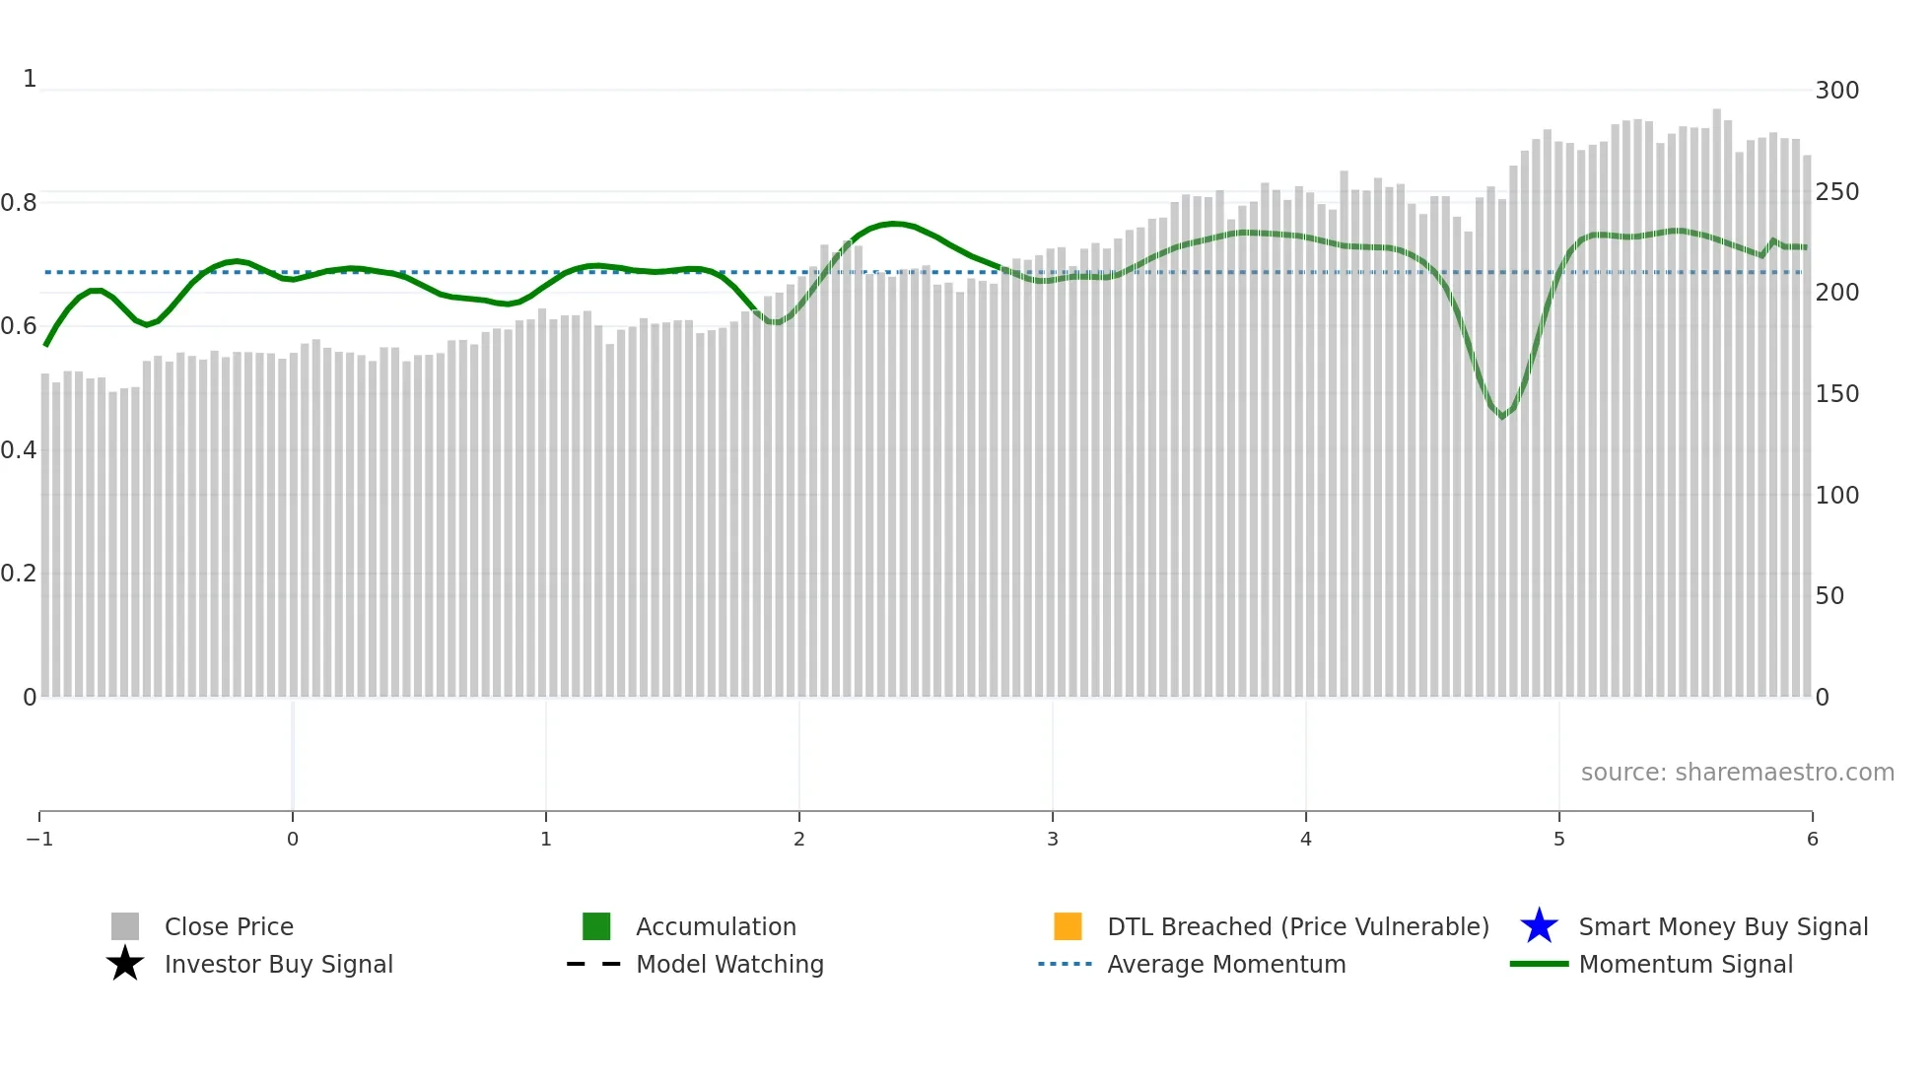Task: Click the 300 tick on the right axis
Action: (x=1836, y=91)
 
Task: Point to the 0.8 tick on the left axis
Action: (x=19, y=203)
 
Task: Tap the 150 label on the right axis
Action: (x=1836, y=394)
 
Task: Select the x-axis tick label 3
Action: (x=1053, y=840)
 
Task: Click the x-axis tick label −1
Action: (x=39, y=840)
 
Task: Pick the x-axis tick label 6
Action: (x=1812, y=840)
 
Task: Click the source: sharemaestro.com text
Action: (x=1737, y=773)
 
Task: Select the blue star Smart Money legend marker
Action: (x=1539, y=926)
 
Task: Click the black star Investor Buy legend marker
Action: (x=125, y=964)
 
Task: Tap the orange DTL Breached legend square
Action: (x=1068, y=926)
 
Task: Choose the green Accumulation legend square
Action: (x=596, y=926)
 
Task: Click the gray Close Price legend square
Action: (x=125, y=926)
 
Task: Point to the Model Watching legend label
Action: (x=729, y=964)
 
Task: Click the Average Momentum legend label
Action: (x=1226, y=964)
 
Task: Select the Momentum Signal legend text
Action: (x=1686, y=964)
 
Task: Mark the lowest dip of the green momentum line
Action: (x=1502, y=417)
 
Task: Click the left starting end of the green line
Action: (x=46, y=345)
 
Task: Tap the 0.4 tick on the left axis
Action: (x=19, y=450)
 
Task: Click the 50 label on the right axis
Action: (x=1829, y=596)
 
